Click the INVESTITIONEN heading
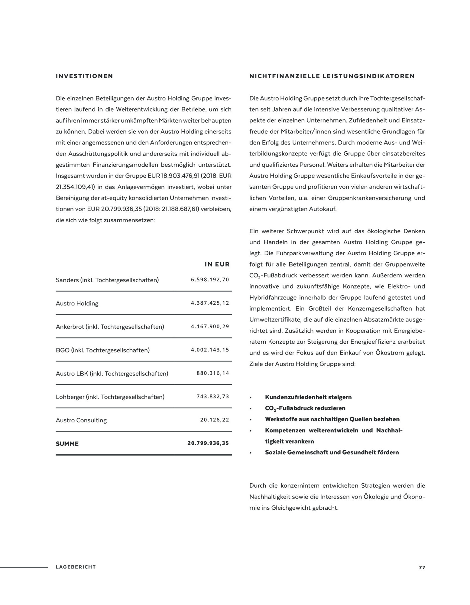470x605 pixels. click(x=84, y=76)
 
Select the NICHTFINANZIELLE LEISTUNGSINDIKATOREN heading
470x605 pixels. click(x=332, y=76)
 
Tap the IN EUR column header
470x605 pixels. click(x=217, y=264)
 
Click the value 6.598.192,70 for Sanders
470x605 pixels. click(x=210, y=280)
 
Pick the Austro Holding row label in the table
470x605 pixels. click(x=77, y=303)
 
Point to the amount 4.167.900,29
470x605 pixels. click(x=210, y=326)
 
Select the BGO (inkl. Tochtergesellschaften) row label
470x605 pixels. click(x=103, y=350)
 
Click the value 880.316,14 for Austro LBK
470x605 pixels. click(x=213, y=373)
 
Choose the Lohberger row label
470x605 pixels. click(x=110, y=397)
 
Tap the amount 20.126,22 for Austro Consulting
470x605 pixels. click(x=215, y=420)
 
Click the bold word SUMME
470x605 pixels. click(x=67, y=444)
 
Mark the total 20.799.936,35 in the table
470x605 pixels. click(x=208, y=443)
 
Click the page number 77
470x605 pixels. click(x=422, y=567)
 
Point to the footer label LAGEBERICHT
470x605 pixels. click(x=76, y=567)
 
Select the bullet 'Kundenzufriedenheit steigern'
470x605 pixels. click(x=308, y=397)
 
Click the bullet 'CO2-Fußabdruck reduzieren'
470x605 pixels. click(x=305, y=408)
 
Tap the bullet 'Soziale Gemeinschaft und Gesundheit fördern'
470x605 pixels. click(x=332, y=453)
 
